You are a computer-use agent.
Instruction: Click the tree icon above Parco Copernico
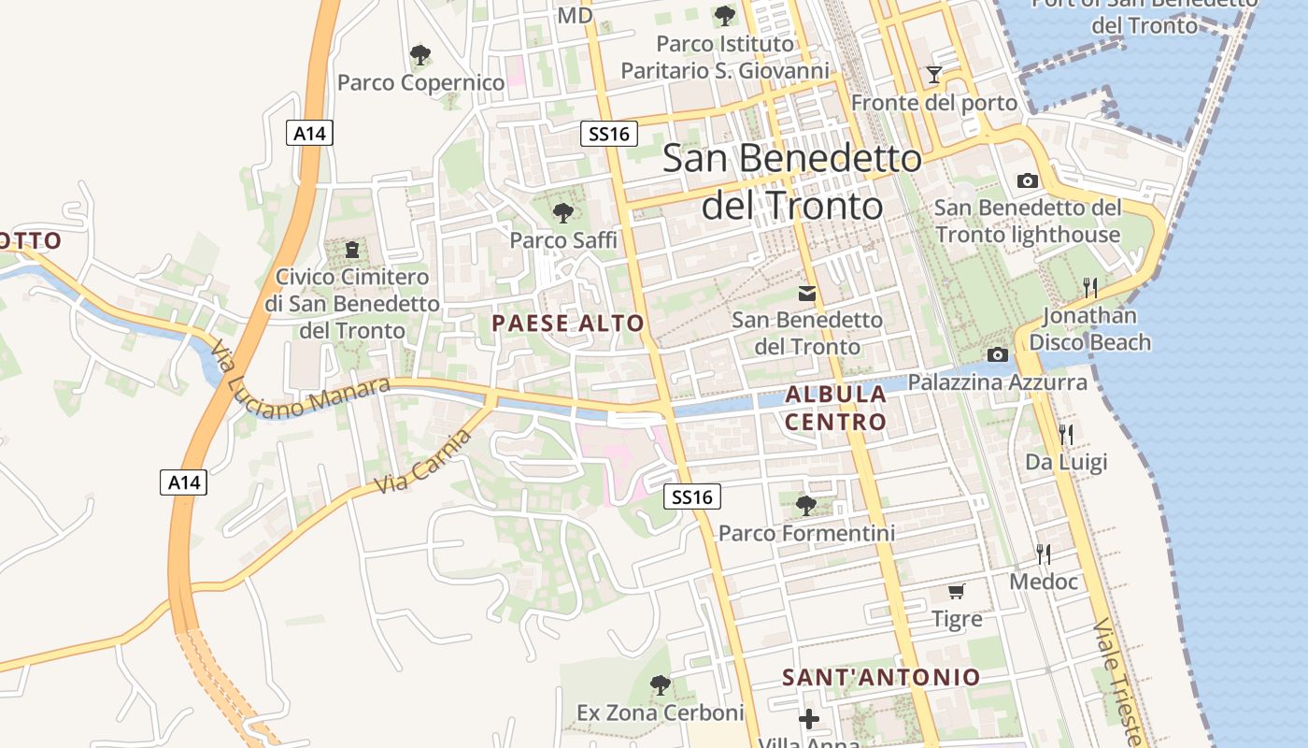[420, 55]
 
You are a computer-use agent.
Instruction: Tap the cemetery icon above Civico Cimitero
[352, 250]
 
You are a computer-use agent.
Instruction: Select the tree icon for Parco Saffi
[562, 213]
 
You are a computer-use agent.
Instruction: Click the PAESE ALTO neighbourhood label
[568, 324]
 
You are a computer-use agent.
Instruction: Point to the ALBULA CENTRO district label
[835, 408]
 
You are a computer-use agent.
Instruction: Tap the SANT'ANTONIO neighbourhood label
[881, 677]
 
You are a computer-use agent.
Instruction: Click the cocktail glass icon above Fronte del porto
[933, 75]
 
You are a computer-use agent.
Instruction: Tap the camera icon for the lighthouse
[1027, 180]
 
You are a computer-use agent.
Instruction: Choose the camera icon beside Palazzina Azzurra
[998, 354]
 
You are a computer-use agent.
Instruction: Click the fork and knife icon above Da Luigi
[1065, 434]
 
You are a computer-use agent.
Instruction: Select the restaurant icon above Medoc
[1044, 554]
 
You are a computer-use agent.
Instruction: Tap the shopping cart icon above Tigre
[957, 591]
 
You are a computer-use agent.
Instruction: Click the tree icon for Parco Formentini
[805, 506]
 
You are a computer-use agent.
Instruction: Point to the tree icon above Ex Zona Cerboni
[660, 685]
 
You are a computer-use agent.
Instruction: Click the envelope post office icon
[807, 294]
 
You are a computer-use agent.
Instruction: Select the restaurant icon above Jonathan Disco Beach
[1089, 287]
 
